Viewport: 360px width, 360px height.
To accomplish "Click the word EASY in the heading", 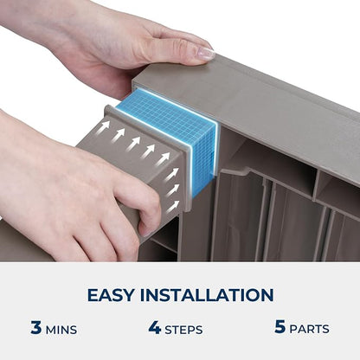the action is pyautogui.click(x=111, y=295).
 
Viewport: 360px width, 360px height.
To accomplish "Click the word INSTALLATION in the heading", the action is pyautogui.click(x=207, y=295).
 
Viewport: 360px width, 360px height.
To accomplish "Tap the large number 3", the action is pyautogui.click(x=36, y=327).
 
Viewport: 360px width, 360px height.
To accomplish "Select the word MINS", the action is pyautogui.click(x=61, y=330).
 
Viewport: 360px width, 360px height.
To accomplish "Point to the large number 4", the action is pyautogui.click(x=155, y=327).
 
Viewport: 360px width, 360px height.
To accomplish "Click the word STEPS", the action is pyautogui.click(x=183, y=330).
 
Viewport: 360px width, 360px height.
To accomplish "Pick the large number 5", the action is pyautogui.click(x=280, y=326).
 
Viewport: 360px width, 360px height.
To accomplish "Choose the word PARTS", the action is pyautogui.click(x=309, y=329).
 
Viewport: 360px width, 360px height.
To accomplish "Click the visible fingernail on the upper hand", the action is pyautogui.click(x=206, y=54).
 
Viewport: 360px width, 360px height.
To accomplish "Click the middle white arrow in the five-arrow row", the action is pyautogui.click(x=134, y=143).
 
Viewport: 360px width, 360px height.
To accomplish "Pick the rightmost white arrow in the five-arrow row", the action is pyautogui.click(x=163, y=158).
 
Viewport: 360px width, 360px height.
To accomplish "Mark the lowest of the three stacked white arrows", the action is pyautogui.click(x=173, y=207).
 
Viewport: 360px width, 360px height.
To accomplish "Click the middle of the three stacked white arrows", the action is pyautogui.click(x=173, y=190).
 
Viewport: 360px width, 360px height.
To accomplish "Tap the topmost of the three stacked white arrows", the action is pyautogui.click(x=172, y=174).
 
